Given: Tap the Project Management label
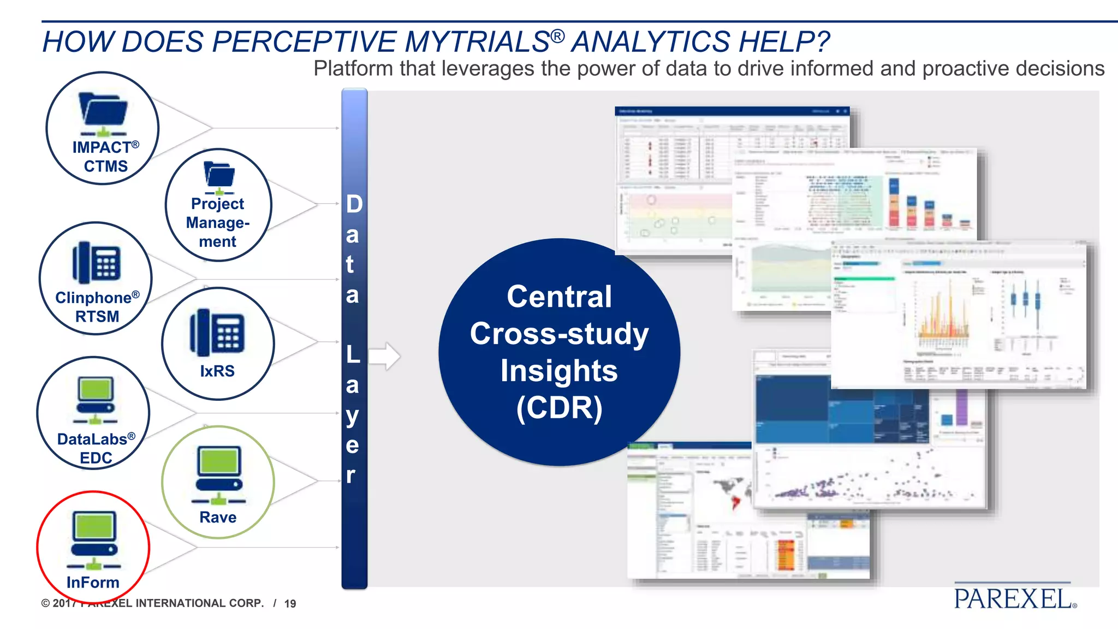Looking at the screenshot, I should (217, 222).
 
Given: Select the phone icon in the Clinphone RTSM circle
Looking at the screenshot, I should (96, 263).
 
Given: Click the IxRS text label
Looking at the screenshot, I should (217, 371).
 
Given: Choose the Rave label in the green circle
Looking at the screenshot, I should (218, 517).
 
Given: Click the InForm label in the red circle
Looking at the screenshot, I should (93, 582).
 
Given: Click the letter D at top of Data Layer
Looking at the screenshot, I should (354, 204).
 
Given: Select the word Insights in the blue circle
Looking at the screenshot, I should (559, 371).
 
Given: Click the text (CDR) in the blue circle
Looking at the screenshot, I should (559, 407).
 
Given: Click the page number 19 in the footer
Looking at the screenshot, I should (290, 603).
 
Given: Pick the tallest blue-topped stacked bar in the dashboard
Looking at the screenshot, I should (894, 202).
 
